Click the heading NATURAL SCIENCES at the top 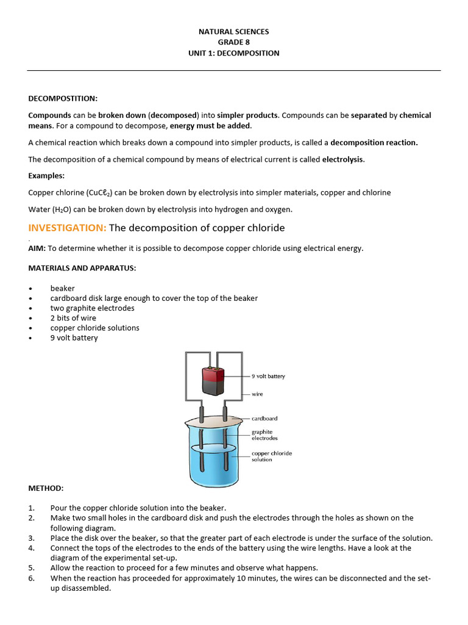tap(233, 31)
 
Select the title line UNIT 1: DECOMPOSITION tap(233, 53)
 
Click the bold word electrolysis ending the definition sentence tap(342, 159)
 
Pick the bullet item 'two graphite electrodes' tap(92, 308)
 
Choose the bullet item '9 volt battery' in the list tap(74, 338)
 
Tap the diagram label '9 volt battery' tap(268, 376)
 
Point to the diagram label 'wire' tap(257, 394)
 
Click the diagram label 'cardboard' tap(264, 419)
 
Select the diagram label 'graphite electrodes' tap(264, 435)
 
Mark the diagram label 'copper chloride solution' tap(271, 457)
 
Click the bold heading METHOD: tap(46, 488)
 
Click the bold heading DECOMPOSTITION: tap(63, 98)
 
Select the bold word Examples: tap(46, 176)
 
